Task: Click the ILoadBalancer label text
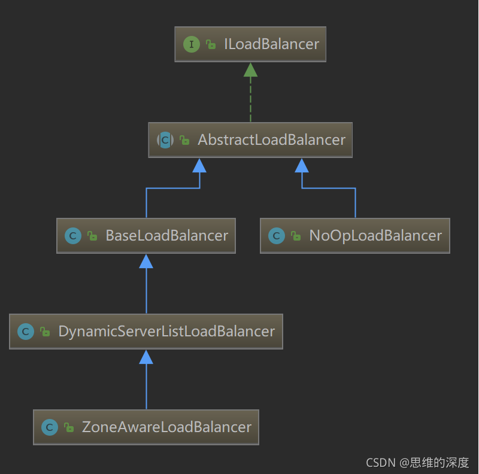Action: pos(271,44)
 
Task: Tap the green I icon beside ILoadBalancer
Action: pos(192,44)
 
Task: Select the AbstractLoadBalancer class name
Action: pos(271,140)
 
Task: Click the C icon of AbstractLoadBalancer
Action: pos(165,140)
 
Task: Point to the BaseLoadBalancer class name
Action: pos(166,236)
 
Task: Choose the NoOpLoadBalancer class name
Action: pos(375,236)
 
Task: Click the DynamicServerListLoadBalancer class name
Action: pos(166,332)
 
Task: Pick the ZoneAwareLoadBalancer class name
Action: pos(166,427)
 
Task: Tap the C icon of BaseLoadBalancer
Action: pos(73,236)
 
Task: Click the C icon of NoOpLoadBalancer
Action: pos(277,236)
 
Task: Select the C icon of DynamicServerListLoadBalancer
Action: pos(26,332)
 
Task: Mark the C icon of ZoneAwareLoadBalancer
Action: pos(50,427)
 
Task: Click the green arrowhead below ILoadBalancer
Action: pos(250,69)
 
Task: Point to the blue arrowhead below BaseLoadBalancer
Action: pos(146,261)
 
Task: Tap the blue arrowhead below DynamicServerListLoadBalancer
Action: pos(146,357)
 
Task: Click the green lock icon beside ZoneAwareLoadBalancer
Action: pos(69,428)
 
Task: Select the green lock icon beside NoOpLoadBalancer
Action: pos(296,236)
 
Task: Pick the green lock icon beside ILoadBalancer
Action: pos(211,45)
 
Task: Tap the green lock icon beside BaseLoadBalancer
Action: pos(92,236)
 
